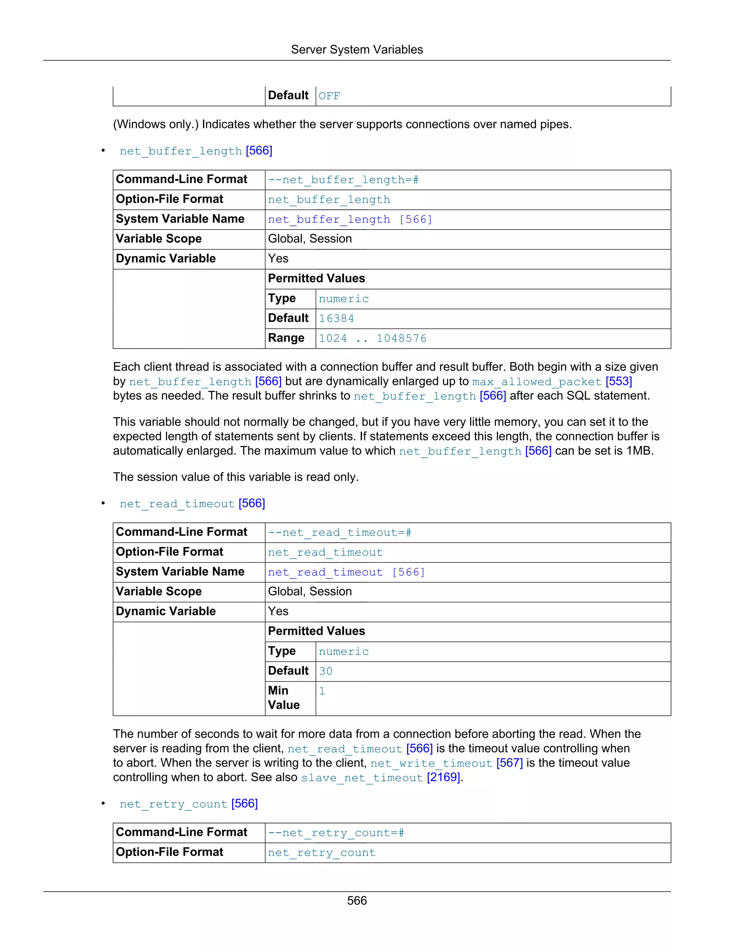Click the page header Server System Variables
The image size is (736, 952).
pos(356,50)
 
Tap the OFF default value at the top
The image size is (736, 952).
pos(329,96)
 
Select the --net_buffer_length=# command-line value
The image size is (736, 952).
pos(343,180)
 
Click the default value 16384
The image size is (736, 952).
pos(336,319)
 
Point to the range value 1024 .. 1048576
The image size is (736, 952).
pos(372,338)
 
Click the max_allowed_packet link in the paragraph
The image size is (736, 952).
pos(537,382)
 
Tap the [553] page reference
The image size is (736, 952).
pos(619,382)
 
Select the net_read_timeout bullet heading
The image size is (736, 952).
pos(178,504)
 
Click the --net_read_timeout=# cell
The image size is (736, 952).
pos(340,533)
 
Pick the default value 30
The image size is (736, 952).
pos(326,671)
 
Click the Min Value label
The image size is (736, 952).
pos(284,697)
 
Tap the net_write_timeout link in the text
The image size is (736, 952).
pos(431,763)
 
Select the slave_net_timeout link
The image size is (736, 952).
pos(362,778)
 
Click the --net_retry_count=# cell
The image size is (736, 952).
pos(336,833)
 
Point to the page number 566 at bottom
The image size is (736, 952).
pos(356,901)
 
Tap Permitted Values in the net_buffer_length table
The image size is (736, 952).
pos(317,278)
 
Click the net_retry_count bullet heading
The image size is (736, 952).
pos(174,804)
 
